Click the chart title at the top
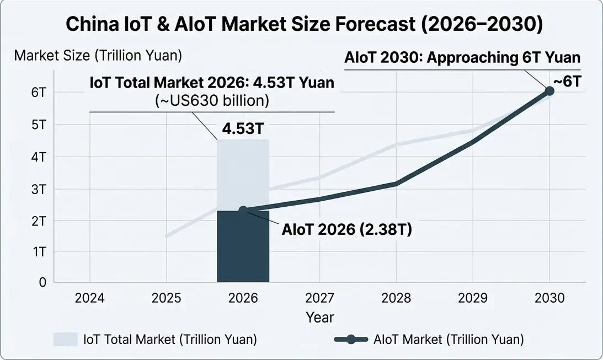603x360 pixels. [x=301, y=25]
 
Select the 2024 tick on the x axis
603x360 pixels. [x=90, y=298]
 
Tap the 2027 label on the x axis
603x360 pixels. [x=319, y=298]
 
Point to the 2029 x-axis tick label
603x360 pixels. [x=472, y=298]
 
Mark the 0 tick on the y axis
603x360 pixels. [x=42, y=282]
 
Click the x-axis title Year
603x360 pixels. [x=319, y=318]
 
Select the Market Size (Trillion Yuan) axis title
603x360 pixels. [x=98, y=56]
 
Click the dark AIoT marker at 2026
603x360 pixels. [x=243, y=210]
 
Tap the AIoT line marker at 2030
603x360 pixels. [x=549, y=90]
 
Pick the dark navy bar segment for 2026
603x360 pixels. [x=243, y=248]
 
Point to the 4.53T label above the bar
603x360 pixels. [x=243, y=130]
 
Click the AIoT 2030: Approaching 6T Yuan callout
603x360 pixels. [x=462, y=57]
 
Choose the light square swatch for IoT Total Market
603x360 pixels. [x=65, y=339]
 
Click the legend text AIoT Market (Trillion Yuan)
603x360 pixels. [x=449, y=339]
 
